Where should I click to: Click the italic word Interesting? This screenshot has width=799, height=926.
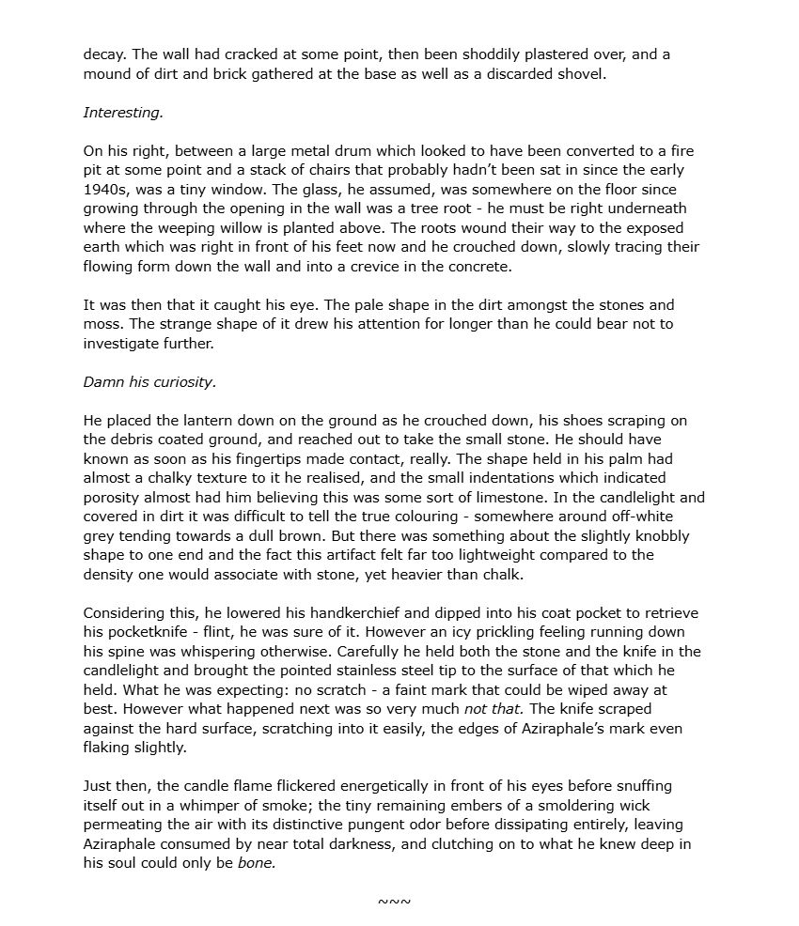click(123, 112)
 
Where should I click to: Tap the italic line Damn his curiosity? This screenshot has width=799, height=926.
click(149, 381)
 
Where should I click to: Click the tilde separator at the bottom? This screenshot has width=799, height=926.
click(394, 902)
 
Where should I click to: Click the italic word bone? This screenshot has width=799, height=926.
click(257, 863)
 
